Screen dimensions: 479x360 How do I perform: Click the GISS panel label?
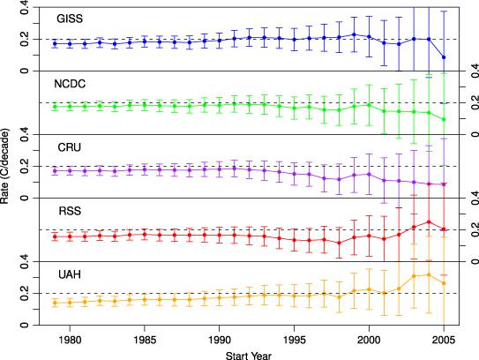coord(70,19)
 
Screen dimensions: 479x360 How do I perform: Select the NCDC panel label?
coord(70,84)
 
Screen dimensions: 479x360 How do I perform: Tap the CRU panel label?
coord(70,147)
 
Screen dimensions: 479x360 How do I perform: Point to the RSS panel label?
coord(70,211)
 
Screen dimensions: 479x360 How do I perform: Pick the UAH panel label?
coord(70,274)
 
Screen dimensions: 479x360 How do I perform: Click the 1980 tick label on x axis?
coord(70,340)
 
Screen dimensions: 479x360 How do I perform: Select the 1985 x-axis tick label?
coord(145,340)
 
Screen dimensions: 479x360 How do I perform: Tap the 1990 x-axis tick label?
coord(219,340)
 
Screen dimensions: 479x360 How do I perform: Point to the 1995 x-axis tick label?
coord(294,340)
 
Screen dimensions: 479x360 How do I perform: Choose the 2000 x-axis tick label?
coord(369,340)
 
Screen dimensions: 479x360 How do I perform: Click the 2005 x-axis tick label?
coord(444,340)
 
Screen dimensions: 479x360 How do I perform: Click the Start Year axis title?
coord(249,356)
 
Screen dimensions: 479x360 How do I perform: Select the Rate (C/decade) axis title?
coord(5,166)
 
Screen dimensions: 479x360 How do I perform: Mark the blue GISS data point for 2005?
coord(444,57)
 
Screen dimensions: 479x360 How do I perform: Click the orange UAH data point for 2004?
coord(429,274)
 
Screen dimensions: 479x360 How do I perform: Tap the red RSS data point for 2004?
coord(429,221)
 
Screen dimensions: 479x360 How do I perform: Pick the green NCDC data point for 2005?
coord(444,119)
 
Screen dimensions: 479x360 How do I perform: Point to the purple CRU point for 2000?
coord(369,174)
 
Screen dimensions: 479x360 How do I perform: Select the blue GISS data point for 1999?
coord(354,34)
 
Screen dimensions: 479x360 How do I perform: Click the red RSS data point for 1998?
coord(339,243)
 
